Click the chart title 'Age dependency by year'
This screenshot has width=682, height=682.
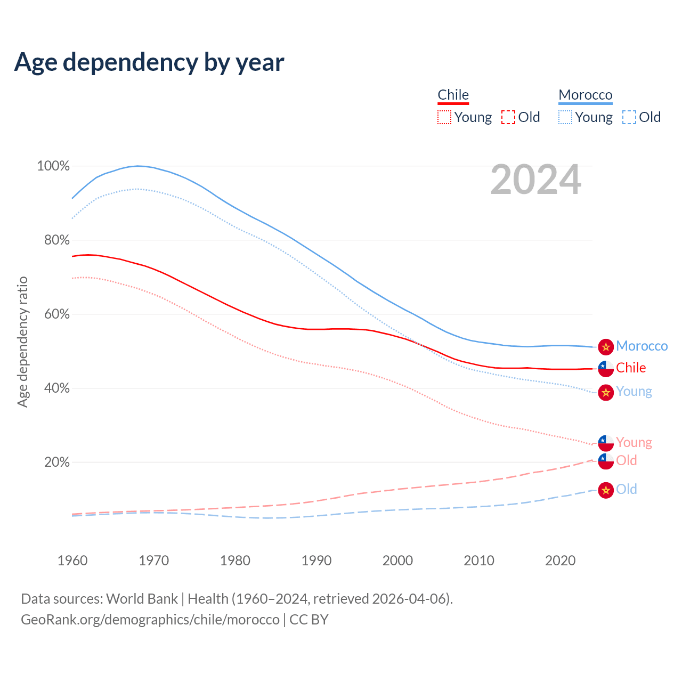[149, 62]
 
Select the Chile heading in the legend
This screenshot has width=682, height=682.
[453, 95]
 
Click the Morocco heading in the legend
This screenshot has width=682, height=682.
[585, 95]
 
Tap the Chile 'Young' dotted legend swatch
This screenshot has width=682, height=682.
[444, 117]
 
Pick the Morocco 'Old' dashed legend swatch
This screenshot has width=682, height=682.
[629, 117]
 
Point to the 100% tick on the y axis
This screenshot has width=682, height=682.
[53, 166]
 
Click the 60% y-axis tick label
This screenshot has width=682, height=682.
[56, 314]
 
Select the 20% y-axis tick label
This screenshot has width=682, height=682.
[56, 462]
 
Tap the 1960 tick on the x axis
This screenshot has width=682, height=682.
[72, 561]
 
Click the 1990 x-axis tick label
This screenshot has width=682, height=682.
[316, 561]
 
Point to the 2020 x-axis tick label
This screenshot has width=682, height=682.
[560, 561]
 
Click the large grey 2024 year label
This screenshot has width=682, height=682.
[535, 180]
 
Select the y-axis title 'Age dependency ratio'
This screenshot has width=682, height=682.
[22, 342]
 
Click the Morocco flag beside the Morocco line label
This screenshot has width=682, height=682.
[606, 347]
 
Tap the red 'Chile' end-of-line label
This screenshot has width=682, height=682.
[631, 368]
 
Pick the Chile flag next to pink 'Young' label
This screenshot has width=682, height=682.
[606, 443]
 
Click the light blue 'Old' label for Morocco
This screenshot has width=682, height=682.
[627, 489]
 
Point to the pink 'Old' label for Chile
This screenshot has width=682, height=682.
[627, 460]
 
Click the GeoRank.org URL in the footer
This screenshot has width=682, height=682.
[150, 620]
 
